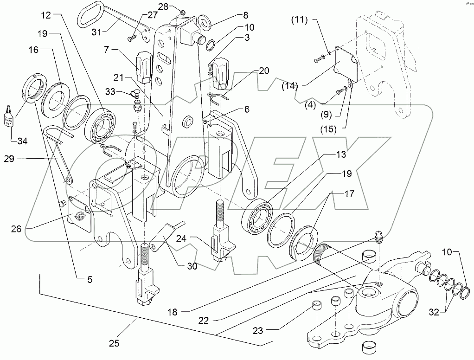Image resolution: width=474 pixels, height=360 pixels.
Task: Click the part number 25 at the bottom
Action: [x=114, y=344]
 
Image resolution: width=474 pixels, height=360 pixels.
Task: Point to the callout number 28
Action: [x=163, y=6]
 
